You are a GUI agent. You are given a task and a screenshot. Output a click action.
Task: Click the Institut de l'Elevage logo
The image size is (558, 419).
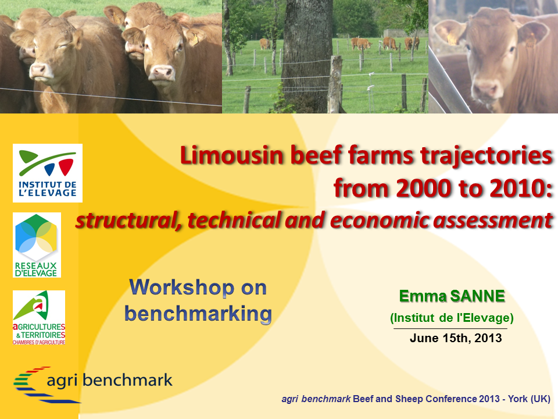[48, 173]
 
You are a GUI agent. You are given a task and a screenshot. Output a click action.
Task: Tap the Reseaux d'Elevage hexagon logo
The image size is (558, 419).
[37, 245]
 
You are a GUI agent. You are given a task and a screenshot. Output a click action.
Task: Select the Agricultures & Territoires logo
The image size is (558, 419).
[39, 318]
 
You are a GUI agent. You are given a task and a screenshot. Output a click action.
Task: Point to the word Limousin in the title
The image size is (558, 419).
[232, 156]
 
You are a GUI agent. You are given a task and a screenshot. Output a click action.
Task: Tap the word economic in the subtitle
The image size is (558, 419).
[380, 220]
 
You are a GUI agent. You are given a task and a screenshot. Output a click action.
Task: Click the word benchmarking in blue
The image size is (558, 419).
[198, 314]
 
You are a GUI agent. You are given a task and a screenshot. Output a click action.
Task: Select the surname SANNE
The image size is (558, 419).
[478, 296]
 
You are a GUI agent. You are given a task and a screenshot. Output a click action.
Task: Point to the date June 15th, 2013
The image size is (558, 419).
[456, 338]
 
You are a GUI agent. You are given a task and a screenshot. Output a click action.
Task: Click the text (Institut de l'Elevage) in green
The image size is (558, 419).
[452, 318]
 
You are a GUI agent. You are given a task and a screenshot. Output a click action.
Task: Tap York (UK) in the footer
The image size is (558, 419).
[529, 399]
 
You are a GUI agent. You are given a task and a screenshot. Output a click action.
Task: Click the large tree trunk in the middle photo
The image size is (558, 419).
[307, 57]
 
